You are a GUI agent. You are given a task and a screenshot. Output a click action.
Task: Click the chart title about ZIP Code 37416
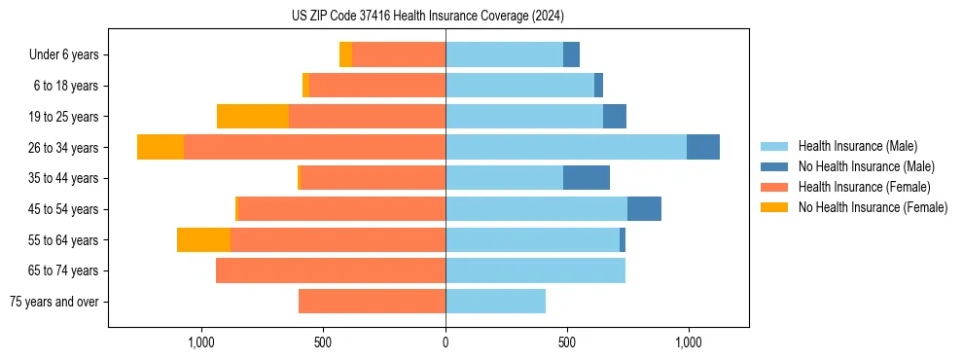(428, 17)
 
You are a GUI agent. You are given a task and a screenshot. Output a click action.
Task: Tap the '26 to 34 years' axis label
(63, 148)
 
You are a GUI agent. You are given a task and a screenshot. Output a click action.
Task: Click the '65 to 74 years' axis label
(63, 270)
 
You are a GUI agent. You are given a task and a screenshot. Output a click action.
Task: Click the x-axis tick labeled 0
(446, 342)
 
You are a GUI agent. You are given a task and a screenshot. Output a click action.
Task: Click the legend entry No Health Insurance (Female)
(873, 207)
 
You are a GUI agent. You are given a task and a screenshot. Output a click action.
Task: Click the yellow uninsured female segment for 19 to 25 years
(253, 117)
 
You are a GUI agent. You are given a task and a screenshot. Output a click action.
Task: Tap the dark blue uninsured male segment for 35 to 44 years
(587, 178)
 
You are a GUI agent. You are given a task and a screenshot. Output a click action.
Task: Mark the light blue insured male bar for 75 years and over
(495, 302)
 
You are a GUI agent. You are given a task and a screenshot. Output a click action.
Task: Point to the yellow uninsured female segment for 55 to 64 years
(203, 239)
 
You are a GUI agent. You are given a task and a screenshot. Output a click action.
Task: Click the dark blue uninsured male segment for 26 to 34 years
(703, 147)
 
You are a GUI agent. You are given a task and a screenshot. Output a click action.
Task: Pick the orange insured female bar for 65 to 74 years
(331, 270)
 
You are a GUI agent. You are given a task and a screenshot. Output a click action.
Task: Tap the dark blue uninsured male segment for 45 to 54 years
(644, 209)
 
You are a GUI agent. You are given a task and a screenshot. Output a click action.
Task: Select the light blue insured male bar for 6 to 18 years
(519, 86)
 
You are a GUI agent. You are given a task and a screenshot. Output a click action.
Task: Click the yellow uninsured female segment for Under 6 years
(345, 54)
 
